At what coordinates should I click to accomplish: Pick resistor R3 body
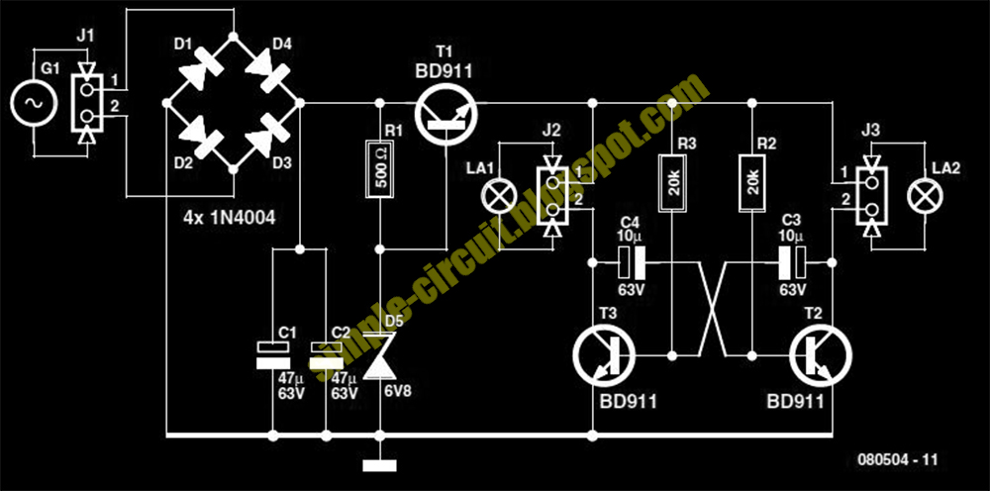click(673, 183)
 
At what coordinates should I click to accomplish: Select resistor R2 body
click(752, 183)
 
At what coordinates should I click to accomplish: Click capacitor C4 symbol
click(632, 262)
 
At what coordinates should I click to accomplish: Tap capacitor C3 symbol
click(794, 262)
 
